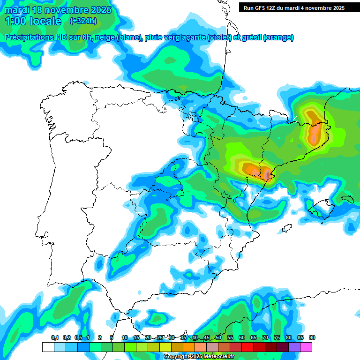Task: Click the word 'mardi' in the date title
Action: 16,10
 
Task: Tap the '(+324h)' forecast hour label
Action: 83,21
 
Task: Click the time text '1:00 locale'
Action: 33,21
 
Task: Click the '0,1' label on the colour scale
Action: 55,337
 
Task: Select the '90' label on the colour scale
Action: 312,337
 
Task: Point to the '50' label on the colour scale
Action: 218,337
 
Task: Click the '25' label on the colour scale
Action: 160,337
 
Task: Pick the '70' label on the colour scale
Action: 265,337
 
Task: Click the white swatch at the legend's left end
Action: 48,347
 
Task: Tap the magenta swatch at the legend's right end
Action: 306,347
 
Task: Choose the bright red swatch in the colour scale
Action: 247,347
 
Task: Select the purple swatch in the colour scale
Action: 294,347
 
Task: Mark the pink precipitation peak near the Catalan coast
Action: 268,174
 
